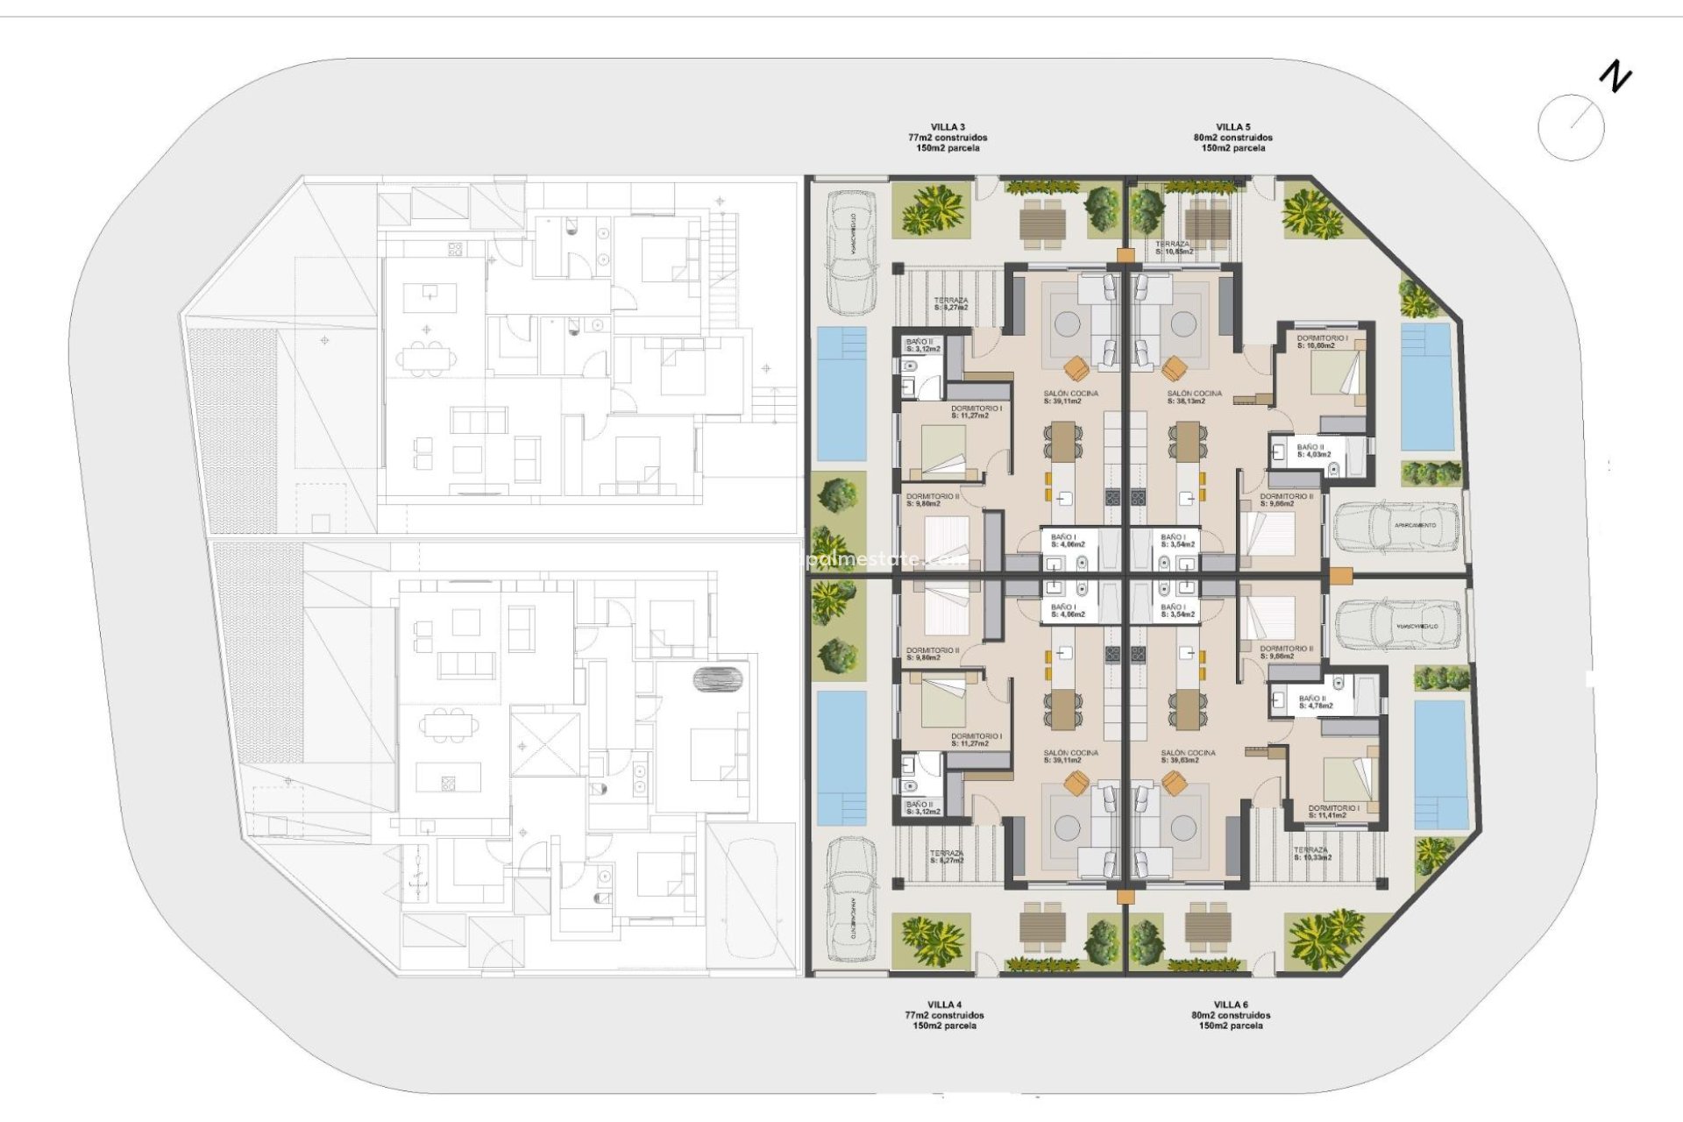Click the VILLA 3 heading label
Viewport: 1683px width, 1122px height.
tap(948, 128)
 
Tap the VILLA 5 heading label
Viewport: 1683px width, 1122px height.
tap(1232, 128)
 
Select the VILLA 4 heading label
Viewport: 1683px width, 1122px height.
tap(944, 1005)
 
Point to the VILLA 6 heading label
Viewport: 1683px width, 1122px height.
tap(1231, 1005)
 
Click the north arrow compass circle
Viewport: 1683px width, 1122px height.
tap(1571, 128)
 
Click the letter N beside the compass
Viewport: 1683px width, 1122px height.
tap(1615, 77)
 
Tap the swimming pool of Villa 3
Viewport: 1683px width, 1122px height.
tap(841, 394)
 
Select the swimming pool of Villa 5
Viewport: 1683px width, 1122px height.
tap(1426, 387)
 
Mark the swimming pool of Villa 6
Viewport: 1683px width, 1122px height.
tap(1440, 763)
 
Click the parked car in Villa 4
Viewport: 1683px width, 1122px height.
tap(851, 898)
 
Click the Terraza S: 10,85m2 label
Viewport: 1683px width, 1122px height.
tap(1173, 248)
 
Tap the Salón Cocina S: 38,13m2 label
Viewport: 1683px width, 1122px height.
tap(1194, 397)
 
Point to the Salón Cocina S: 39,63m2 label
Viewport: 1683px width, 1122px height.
tap(1188, 756)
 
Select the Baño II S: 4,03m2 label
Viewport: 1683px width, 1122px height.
tap(1313, 451)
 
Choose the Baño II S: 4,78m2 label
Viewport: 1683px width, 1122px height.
tap(1315, 702)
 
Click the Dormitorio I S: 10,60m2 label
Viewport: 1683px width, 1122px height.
tap(1322, 341)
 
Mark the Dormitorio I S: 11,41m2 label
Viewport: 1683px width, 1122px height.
tap(1333, 812)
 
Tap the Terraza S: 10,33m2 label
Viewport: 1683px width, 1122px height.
tap(1312, 853)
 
